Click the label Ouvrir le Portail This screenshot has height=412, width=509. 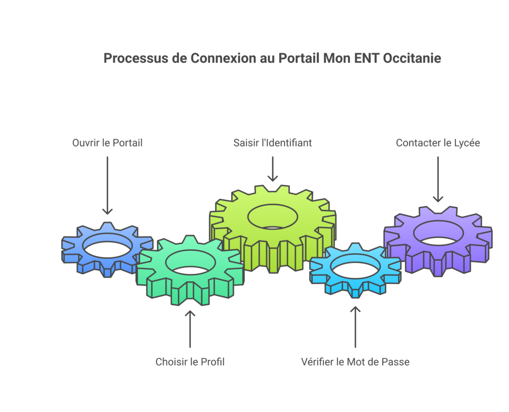tap(107, 143)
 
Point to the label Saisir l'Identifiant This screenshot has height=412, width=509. tap(273, 143)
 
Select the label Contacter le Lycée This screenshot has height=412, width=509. tap(438, 143)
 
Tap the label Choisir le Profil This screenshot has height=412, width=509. tap(190, 362)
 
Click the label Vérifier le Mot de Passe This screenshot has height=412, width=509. tap(355, 362)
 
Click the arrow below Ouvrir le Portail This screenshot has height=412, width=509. tap(107, 185)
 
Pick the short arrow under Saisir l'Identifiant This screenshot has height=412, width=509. tap(273, 169)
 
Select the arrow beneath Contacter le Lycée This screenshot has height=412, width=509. tap(438, 179)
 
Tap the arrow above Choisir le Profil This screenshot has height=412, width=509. tap(190, 329)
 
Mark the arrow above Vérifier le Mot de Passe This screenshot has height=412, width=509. tap(355, 327)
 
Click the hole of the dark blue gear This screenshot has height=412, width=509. tap(107, 246)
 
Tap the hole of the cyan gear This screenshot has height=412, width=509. tap(355, 266)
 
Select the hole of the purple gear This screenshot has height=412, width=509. tap(438, 233)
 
